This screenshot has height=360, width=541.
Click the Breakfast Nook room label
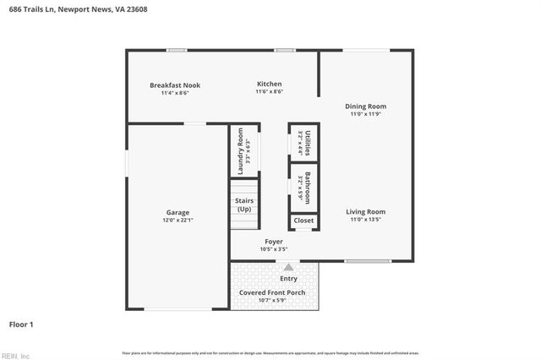pyautogui.click(x=175, y=85)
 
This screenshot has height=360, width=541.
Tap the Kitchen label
pyautogui.click(x=269, y=85)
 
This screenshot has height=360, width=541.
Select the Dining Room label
pyautogui.click(x=365, y=106)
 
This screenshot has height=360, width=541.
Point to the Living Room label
pyautogui.click(x=365, y=211)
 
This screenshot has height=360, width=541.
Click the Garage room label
pyautogui.click(x=178, y=212)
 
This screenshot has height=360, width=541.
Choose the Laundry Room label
pyautogui.click(x=241, y=151)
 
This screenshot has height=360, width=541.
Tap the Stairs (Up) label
pyautogui.click(x=244, y=205)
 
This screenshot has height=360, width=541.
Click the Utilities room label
pyautogui.click(x=308, y=142)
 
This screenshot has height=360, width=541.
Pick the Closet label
pyautogui.click(x=303, y=221)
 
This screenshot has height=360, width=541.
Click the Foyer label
pyautogui.click(x=274, y=242)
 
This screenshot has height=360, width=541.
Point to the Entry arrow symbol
pyautogui.click(x=287, y=267)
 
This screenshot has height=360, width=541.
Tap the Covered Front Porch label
pyautogui.click(x=272, y=292)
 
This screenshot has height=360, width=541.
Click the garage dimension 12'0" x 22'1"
pyautogui.click(x=178, y=220)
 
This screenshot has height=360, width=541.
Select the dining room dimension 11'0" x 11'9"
pyautogui.click(x=365, y=114)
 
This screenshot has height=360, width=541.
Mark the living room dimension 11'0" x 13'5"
pyautogui.click(x=365, y=219)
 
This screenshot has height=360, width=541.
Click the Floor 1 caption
pyautogui.click(x=20, y=324)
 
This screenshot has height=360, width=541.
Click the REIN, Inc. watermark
pyautogui.click(x=15, y=356)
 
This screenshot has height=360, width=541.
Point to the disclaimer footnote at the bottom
pyautogui.click(x=270, y=352)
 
